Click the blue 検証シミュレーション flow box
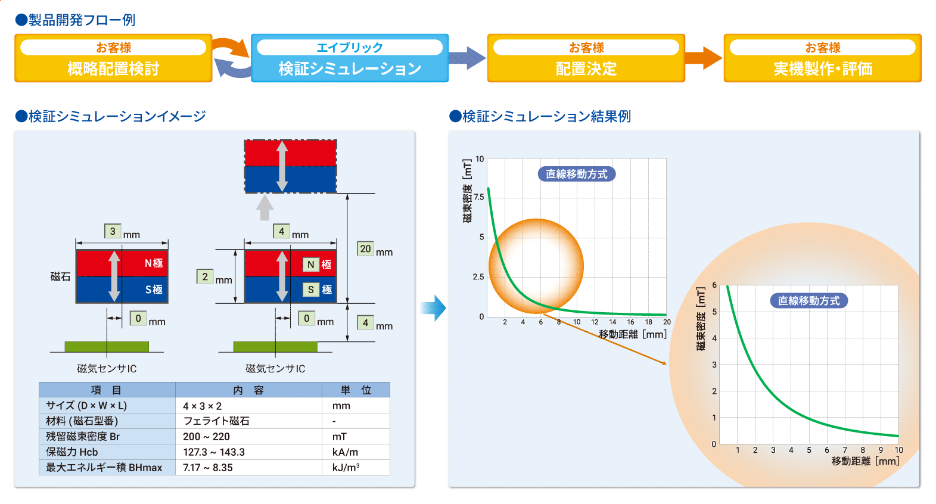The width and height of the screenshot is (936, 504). [349, 58]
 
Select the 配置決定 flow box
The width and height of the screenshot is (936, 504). [586, 58]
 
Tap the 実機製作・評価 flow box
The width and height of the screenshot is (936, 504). [822, 58]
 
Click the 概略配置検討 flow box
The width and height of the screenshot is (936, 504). [113, 58]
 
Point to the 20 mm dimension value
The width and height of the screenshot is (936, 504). [365, 249]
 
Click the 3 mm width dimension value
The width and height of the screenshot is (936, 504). [113, 231]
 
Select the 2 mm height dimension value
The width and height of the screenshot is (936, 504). [205, 277]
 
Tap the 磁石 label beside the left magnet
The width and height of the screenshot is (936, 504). [60, 276]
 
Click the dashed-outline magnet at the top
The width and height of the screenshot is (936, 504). [291, 166]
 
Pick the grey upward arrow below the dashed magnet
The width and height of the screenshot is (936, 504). [265, 208]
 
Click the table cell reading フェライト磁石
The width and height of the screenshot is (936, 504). [216, 421]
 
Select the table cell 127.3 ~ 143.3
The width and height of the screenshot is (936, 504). [214, 452]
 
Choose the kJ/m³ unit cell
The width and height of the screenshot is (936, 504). [346, 468]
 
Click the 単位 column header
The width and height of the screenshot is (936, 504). [356, 390]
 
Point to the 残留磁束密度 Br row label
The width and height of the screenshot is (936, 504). [83, 437]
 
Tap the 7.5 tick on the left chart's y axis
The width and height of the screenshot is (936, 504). [478, 197]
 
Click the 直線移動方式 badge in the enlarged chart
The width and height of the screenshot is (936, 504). [808, 301]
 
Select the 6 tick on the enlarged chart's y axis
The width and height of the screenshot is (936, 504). [714, 285]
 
